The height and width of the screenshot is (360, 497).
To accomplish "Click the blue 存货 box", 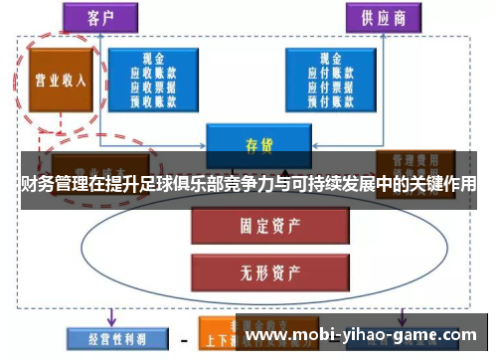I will tap(258, 143).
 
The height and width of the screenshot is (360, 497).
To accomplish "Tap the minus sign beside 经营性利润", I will tap(183, 338).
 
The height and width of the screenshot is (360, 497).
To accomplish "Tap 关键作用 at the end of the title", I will tap(443, 185).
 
